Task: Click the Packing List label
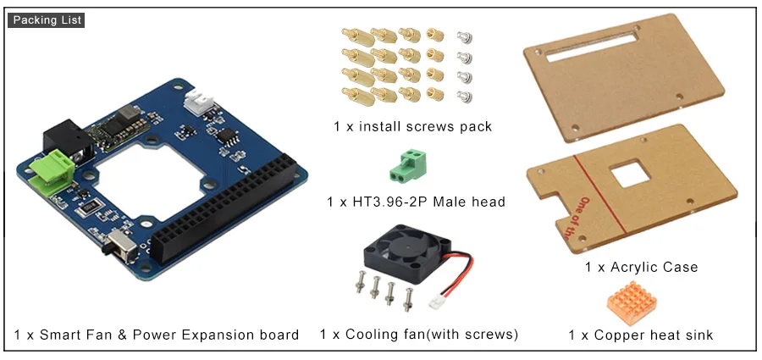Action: pyautogui.click(x=47, y=20)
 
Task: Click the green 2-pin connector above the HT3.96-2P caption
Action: pyautogui.click(x=408, y=165)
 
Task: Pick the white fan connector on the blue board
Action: pyautogui.click(x=199, y=102)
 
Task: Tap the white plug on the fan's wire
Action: pyautogui.click(x=435, y=302)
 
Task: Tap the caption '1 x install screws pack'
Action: pyautogui.click(x=412, y=127)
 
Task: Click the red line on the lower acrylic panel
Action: pyautogui.click(x=599, y=194)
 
